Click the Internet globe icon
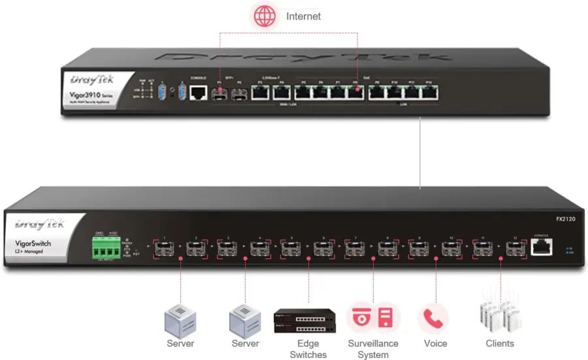click(x=265, y=16)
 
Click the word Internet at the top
click(x=303, y=16)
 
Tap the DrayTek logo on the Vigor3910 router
click(x=91, y=80)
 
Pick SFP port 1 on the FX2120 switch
click(x=165, y=248)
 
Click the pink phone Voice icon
click(x=433, y=318)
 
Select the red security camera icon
click(x=360, y=318)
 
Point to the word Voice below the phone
click(x=435, y=343)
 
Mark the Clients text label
click(x=500, y=343)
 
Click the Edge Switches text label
click(x=308, y=349)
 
